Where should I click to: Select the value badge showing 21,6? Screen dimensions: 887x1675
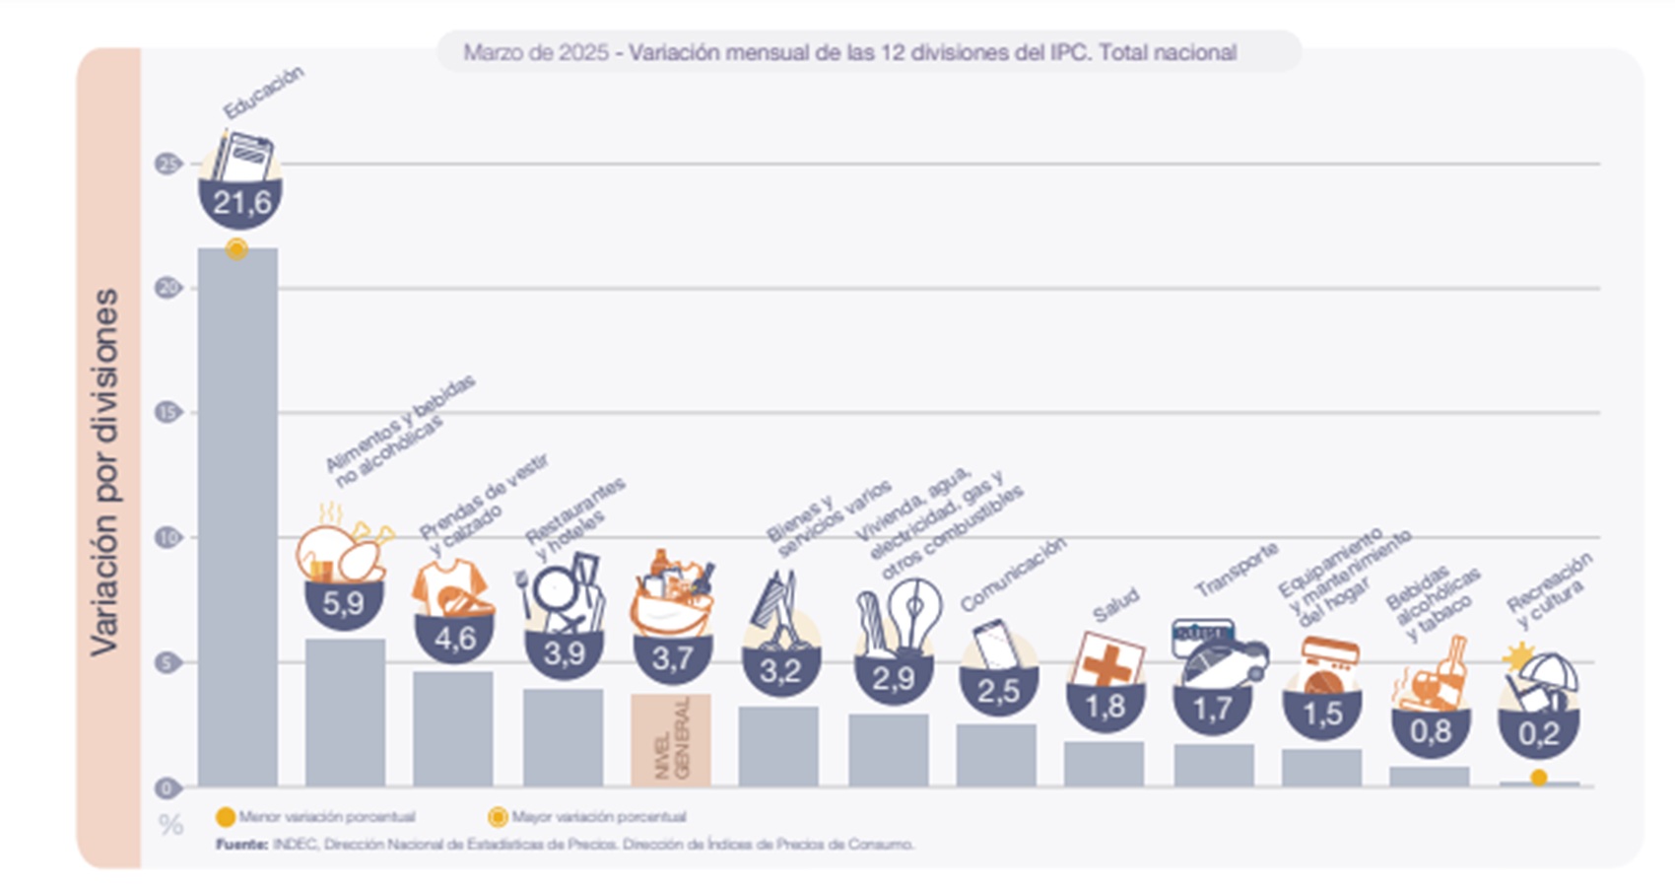[241, 204]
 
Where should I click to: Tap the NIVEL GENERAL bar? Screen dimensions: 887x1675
[671, 740]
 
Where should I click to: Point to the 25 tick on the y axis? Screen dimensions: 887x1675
[167, 164]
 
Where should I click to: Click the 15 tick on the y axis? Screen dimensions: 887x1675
[167, 413]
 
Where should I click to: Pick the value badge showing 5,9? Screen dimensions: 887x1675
[343, 603]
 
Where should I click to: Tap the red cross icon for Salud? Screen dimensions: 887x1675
[1107, 659]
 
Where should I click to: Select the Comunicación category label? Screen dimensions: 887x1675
[1013, 574]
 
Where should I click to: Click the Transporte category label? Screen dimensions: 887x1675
[1237, 570]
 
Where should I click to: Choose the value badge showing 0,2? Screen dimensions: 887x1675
[1538, 733]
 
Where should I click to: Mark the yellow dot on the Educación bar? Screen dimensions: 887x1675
[236, 249]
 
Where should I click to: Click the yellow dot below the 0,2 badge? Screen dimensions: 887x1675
[1538, 779]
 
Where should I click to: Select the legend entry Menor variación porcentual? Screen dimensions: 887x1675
[315, 817]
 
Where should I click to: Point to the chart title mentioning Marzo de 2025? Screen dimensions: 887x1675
[849, 52]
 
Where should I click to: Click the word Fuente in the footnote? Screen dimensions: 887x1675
[240, 845]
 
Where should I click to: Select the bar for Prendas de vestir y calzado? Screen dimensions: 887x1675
[453, 728]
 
